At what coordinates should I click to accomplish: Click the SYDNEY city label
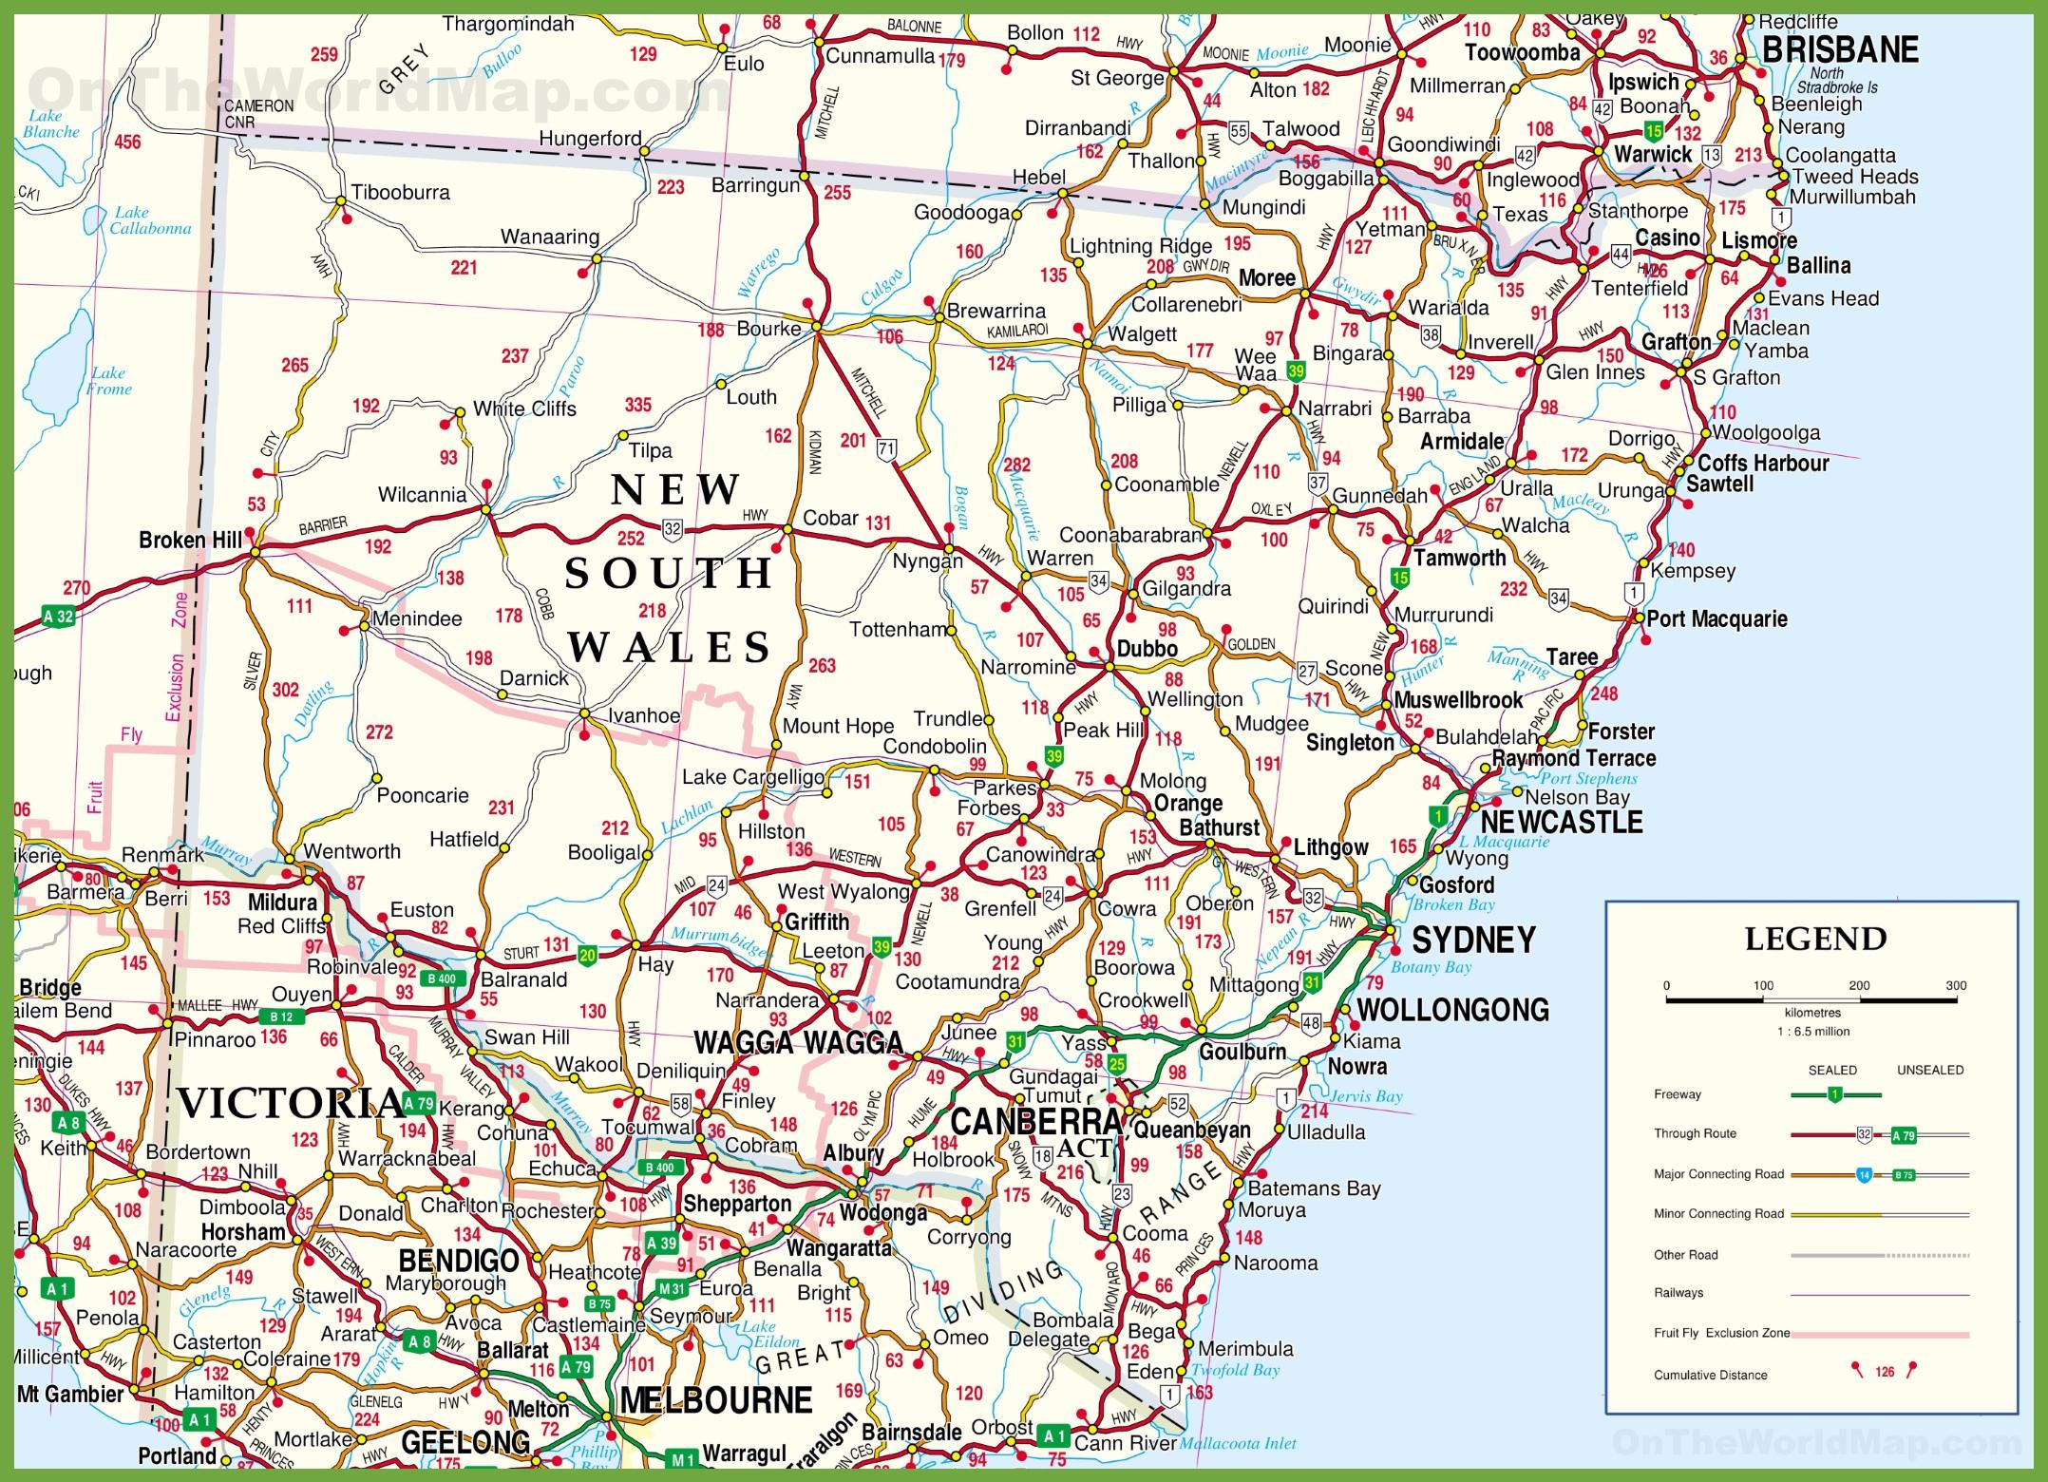click(1473, 940)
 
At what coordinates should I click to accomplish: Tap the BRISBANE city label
click(1840, 49)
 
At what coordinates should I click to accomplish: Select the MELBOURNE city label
click(716, 1400)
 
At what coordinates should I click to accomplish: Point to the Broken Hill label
click(191, 540)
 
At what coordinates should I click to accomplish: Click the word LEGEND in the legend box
click(1815, 939)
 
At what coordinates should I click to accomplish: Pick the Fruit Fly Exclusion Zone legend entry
click(1721, 1333)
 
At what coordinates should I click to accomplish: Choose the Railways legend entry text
click(1678, 1293)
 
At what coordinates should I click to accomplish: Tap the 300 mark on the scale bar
click(1956, 985)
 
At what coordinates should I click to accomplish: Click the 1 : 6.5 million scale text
click(1812, 1031)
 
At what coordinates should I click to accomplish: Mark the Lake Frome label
click(108, 381)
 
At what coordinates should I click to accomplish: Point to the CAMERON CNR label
click(258, 113)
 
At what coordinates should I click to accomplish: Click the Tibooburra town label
click(400, 192)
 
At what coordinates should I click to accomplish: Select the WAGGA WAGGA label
click(798, 1042)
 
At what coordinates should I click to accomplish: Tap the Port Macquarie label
click(1716, 618)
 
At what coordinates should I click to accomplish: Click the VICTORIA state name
click(290, 1103)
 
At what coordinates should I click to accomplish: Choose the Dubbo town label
click(1147, 649)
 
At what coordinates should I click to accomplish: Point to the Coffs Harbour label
click(1763, 463)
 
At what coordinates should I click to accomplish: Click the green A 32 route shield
click(58, 616)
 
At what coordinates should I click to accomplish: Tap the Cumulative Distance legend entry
click(1710, 1375)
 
